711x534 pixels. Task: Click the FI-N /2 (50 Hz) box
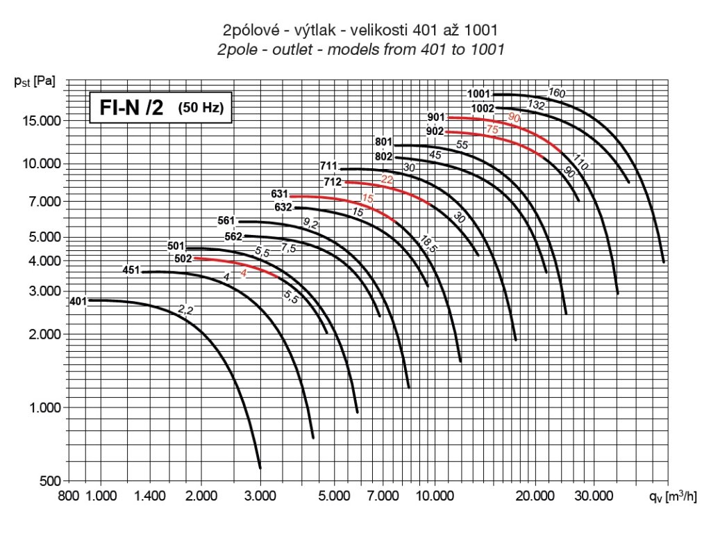(159, 108)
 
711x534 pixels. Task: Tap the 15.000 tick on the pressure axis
(41, 121)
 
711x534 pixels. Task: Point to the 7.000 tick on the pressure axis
(44, 202)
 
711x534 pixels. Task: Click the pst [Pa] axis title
(34, 80)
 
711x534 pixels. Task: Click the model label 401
(78, 301)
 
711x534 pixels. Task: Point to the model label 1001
(479, 94)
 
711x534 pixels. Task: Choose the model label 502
(183, 259)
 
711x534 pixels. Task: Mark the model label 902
(435, 131)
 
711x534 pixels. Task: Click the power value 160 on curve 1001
(557, 92)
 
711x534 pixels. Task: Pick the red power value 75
(492, 129)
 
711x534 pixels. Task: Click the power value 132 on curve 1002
(536, 104)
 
